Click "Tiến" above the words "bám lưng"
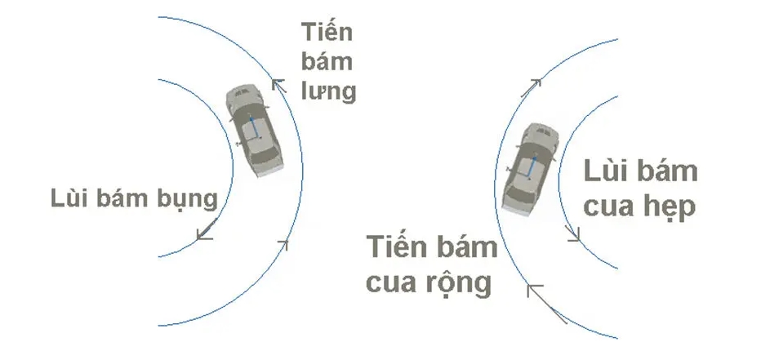coord(327,33)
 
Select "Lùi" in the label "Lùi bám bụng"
coord(66,198)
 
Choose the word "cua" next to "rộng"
coord(389,283)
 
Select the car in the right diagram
coord(532,168)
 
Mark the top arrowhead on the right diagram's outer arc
coord(536,82)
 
